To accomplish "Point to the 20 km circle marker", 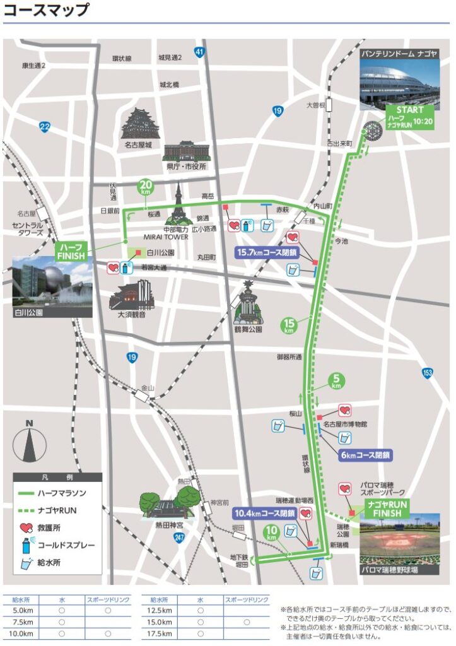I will [146, 187].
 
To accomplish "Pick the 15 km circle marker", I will [289, 326].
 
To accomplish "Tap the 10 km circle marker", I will [271, 532].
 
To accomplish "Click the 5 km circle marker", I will [336, 381].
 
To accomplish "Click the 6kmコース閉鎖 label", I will [365, 454].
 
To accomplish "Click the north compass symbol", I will [30, 440].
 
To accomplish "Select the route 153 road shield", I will [428, 374].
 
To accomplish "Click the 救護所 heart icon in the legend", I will [26, 527].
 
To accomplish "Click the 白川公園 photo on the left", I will [52, 286].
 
